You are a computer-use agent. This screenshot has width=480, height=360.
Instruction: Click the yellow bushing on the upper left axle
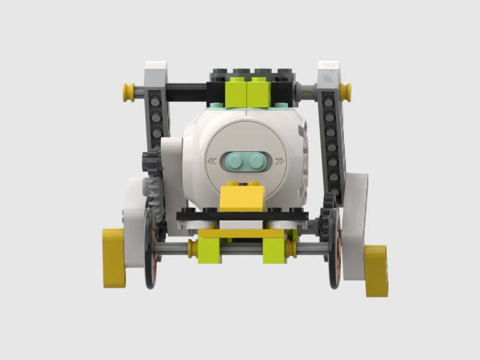pos(128,91)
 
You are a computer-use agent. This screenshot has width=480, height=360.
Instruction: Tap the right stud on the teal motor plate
pos(257,160)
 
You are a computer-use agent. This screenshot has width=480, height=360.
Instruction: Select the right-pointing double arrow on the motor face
pos(279,161)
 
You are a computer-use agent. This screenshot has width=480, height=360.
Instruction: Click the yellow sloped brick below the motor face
pos(242,198)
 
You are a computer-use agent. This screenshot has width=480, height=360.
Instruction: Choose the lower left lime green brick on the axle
pos(210,250)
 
